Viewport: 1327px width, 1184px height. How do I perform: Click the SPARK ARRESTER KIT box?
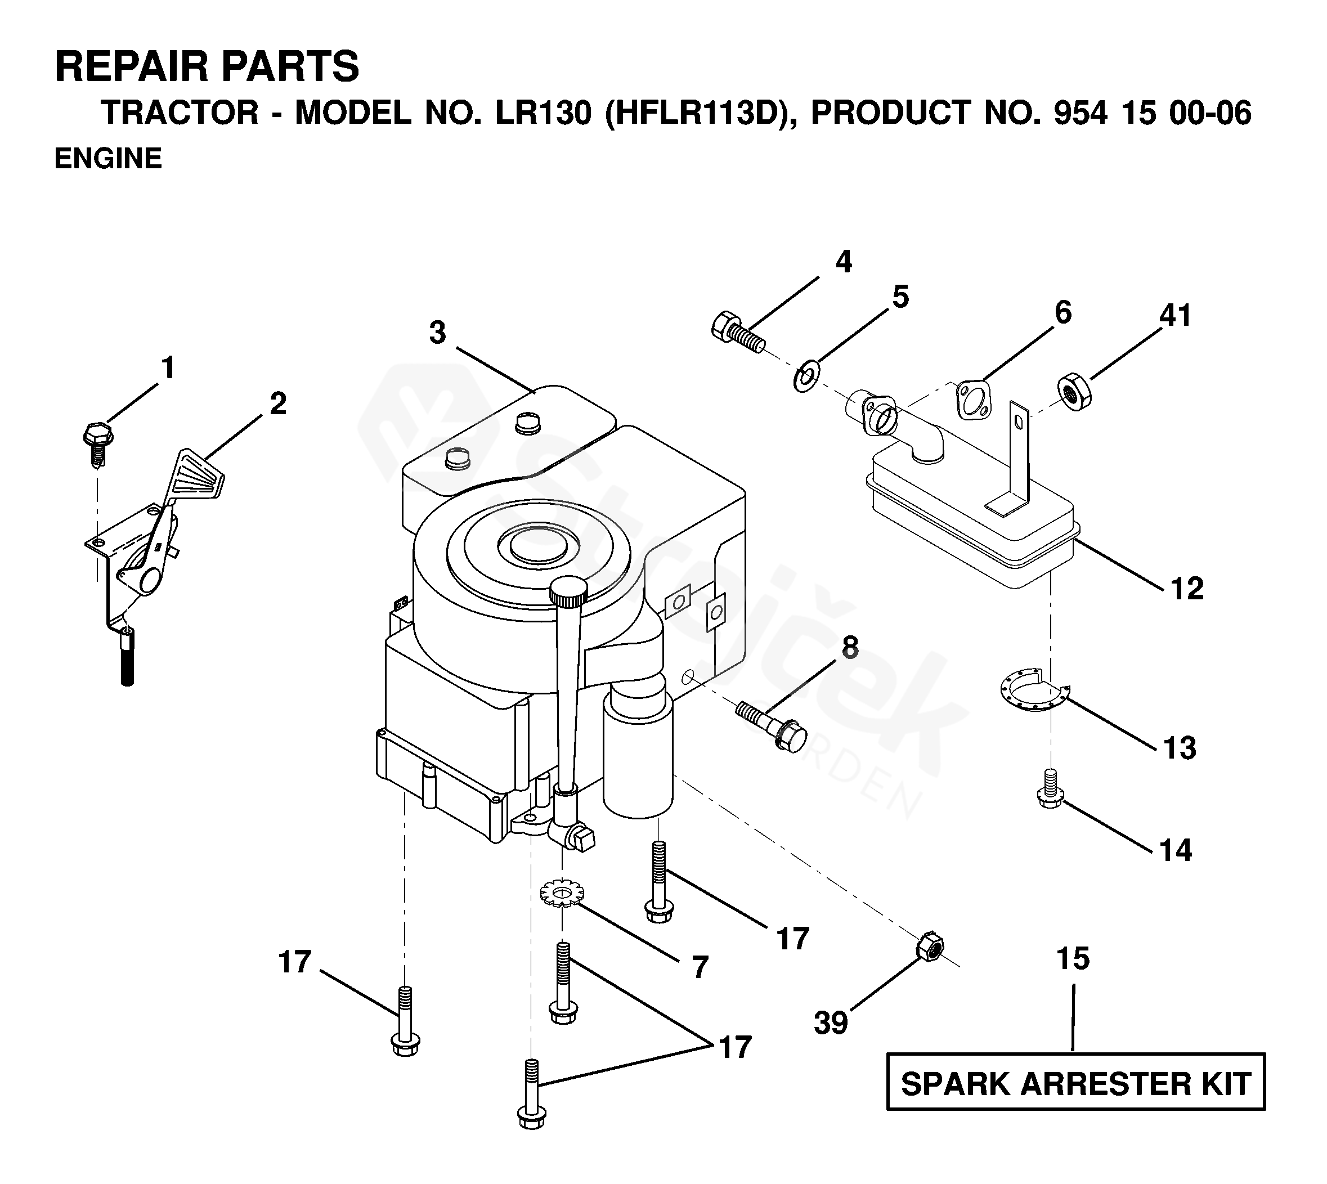point(1075,1084)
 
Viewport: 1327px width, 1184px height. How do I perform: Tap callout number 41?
point(1175,316)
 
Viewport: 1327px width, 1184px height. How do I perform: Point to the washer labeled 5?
point(806,378)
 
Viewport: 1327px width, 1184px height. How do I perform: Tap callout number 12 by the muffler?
point(1186,589)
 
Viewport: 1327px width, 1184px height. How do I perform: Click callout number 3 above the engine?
point(438,333)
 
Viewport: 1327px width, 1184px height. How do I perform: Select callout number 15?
point(1073,959)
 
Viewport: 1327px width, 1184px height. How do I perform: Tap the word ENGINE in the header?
point(108,159)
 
